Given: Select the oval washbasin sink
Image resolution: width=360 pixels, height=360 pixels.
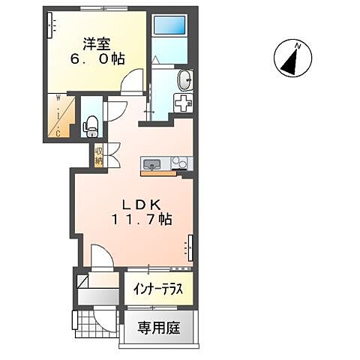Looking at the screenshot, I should click(x=184, y=79).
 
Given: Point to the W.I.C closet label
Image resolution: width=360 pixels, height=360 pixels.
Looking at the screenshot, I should click(x=58, y=114).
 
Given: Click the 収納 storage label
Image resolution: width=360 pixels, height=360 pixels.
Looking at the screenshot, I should click(x=99, y=155).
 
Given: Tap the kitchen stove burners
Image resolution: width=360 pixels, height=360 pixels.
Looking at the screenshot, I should click(x=180, y=163).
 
